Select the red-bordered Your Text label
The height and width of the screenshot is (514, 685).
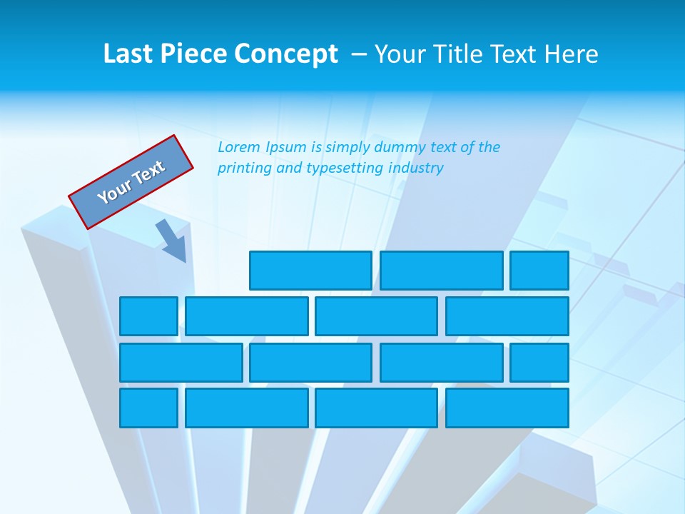click(131, 181)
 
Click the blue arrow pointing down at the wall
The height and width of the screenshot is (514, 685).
click(172, 241)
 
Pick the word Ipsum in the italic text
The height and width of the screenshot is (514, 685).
click(286, 148)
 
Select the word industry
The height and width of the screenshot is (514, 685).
click(416, 168)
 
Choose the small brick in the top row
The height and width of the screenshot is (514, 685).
click(539, 271)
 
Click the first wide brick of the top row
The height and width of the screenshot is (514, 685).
click(310, 271)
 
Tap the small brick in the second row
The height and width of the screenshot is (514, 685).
click(148, 316)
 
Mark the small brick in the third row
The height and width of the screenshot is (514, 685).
click(539, 362)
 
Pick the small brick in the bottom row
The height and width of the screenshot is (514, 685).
click(148, 408)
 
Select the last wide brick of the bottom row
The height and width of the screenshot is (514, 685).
click(507, 408)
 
